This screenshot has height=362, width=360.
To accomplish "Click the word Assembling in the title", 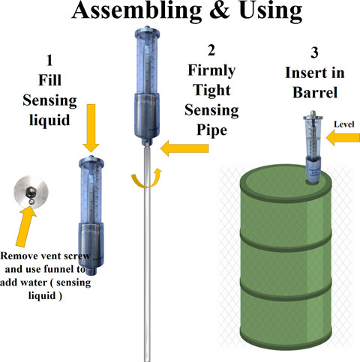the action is tap(136, 11).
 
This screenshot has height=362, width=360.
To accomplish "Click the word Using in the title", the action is tap(271, 11).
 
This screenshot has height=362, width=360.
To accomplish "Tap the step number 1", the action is tap(49, 61).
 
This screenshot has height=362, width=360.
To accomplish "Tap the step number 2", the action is tap(211, 50).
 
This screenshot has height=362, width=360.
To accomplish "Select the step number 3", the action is tap(314, 52).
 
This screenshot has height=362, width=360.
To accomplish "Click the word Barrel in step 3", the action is tap(315, 92).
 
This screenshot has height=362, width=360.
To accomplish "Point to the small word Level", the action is tap(344, 124).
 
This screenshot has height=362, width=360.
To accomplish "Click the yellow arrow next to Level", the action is tap(343, 138).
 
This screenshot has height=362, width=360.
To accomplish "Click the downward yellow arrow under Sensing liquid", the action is tap(91, 128).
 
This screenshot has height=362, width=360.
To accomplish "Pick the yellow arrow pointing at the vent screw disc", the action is tap(25, 227).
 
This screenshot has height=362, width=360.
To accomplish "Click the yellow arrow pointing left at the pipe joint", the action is tap(184, 148).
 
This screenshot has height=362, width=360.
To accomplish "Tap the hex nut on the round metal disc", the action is tap(31, 192).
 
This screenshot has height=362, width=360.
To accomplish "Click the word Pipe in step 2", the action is tap(211, 130).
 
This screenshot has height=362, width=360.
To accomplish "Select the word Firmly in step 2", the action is tap(211, 70).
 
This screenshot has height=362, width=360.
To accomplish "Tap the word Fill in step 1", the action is tap(49, 80).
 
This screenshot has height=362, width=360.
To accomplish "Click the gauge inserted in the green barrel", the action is tap(313, 148).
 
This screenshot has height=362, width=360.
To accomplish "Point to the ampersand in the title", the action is tap(220, 11).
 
